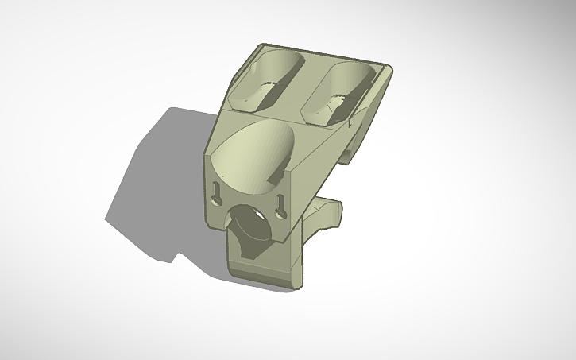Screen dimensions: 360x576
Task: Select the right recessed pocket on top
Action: [340, 91]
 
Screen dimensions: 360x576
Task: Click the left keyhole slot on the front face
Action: [218, 193]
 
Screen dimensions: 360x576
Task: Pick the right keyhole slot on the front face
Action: [279, 209]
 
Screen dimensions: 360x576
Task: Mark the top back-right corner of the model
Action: [389, 65]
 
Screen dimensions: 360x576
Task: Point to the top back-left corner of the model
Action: [261, 46]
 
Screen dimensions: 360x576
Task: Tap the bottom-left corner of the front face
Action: [208, 226]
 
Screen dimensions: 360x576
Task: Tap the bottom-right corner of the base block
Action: [304, 284]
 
